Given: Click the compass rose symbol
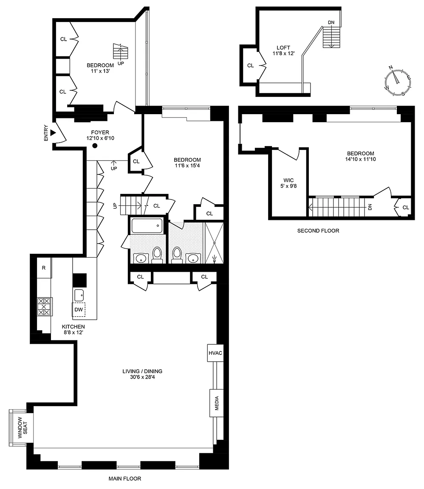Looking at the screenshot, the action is [x=398, y=81].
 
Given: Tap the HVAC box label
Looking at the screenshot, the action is [x=215, y=353].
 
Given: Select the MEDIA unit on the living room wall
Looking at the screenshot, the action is [x=216, y=403].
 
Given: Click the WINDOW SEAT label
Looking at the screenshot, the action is [x=23, y=427].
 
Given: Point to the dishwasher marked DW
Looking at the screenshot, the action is [x=79, y=310].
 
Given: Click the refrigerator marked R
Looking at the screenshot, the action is [x=44, y=267].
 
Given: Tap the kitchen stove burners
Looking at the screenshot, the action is [x=44, y=306].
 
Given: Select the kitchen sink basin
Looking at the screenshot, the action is [x=79, y=295].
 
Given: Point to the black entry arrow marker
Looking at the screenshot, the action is [x=53, y=133].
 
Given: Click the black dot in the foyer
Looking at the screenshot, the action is [x=95, y=146].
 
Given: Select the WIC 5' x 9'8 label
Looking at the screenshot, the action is [x=288, y=183].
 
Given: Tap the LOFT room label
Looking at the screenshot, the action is [x=283, y=48].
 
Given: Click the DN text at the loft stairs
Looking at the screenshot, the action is [x=331, y=22].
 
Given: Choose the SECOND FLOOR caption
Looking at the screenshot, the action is [x=318, y=231].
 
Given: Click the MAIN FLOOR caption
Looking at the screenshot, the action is [x=125, y=478].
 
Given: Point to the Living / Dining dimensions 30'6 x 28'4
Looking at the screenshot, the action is [x=142, y=377].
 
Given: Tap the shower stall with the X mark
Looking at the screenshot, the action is [x=214, y=243].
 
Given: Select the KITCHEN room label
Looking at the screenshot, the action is [x=73, y=327].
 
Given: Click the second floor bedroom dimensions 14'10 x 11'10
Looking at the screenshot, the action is [x=361, y=159].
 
